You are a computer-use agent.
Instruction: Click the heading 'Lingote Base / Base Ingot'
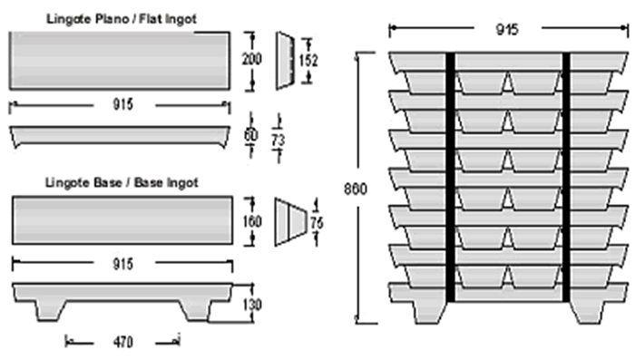pos(122,182)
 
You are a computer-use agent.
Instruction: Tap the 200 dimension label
pos(252,59)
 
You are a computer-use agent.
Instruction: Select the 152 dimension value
pos(308,61)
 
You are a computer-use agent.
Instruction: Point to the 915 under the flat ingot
pos(122,104)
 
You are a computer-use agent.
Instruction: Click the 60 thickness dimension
pos(251,135)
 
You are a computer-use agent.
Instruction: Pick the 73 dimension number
pos(278,141)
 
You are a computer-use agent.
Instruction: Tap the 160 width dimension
pos(252,221)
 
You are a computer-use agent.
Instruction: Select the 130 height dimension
pos(252,304)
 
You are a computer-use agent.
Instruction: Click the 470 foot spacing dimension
pos(122,342)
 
